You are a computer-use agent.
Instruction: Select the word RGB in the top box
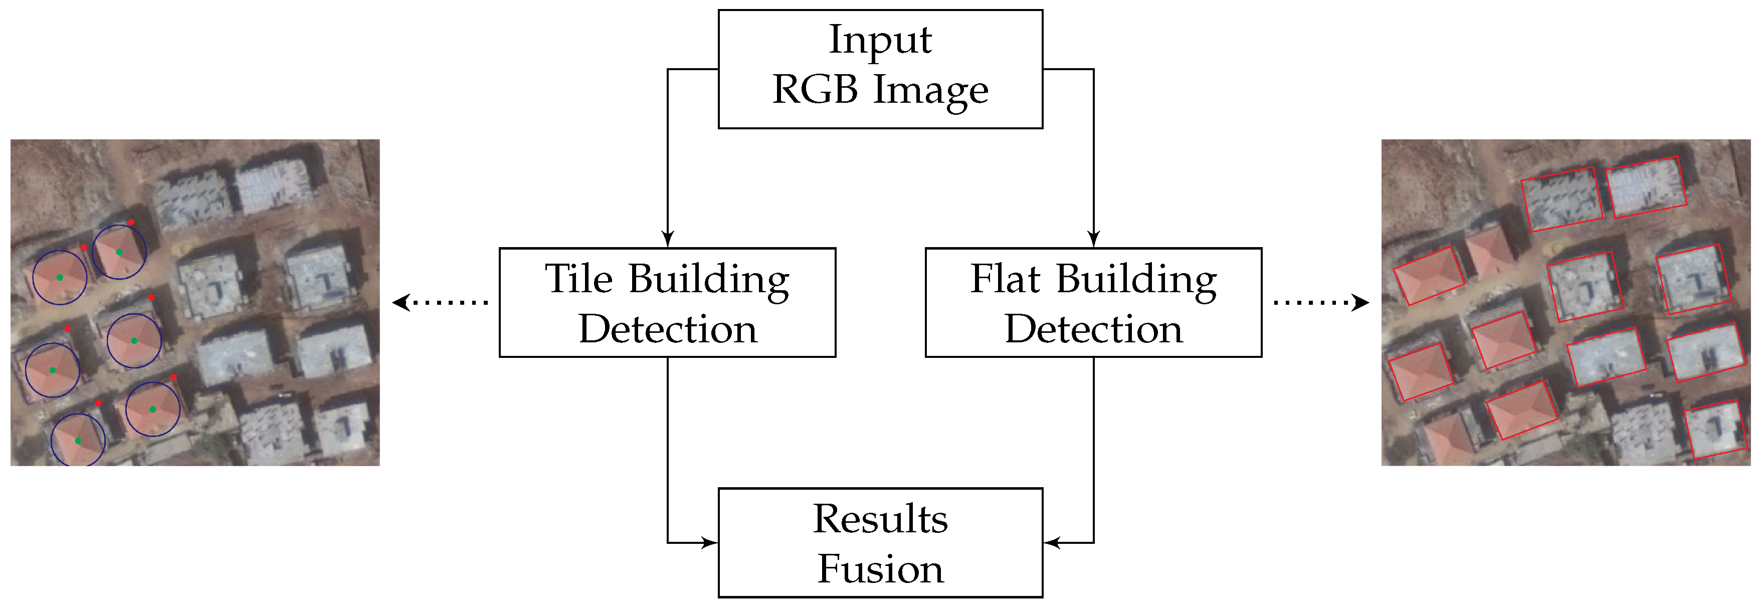click(x=815, y=90)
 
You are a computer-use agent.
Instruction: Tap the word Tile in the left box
click(x=578, y=279)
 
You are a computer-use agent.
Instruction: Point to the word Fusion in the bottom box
click(x=880, y=569)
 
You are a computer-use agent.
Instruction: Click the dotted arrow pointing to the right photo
click(x=1321, y=302)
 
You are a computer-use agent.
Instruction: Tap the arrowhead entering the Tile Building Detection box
click(x=668, y=240)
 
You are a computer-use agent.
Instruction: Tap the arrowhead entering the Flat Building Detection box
click(x=1094, y=240)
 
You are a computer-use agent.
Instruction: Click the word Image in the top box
click(x=931, y=90)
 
